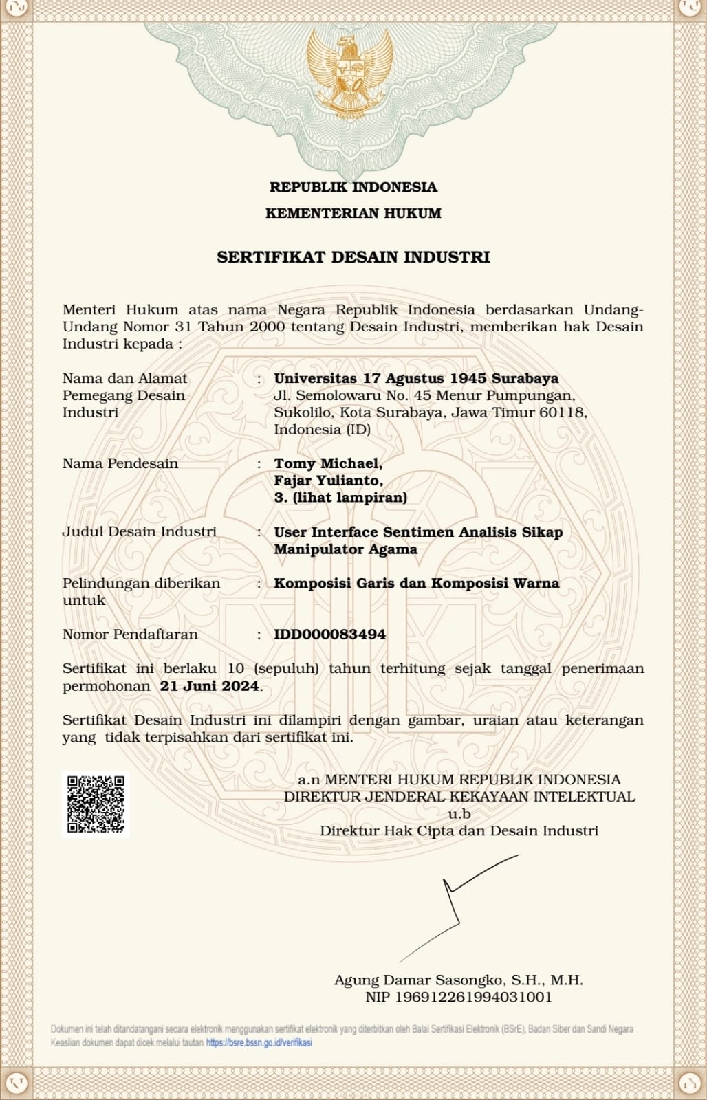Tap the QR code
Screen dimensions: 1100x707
[x=96, y=804]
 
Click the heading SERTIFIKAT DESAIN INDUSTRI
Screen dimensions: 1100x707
[x=353, y=257]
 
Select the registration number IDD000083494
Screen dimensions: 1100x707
[x=329, y=635]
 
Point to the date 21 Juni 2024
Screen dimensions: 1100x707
[x=210, y=686]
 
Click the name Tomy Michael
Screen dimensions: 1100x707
[x=327, y=464]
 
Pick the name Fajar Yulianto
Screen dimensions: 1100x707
[x=328, y=481]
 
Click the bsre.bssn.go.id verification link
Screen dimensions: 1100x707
[x=259, y=1042]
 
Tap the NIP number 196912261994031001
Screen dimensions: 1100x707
[x=459, y=997]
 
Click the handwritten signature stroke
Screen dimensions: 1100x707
[x=454, y=901]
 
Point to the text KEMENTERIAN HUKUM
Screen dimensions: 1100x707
[x=353, y=213]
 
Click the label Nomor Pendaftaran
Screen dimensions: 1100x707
[x=130, y=635]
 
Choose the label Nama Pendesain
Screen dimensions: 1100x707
[x=120, y=463]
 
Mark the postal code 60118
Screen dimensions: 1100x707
[x=565, y=412]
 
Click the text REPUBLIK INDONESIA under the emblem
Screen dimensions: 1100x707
[x=353, y=187]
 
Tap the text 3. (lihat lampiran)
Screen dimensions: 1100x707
[x=340, y=498]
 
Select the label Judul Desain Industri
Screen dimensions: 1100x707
[x=140, y=531]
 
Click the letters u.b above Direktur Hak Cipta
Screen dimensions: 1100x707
[x=459, y=814]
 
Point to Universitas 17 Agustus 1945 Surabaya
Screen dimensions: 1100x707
[x=416, y=378]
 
